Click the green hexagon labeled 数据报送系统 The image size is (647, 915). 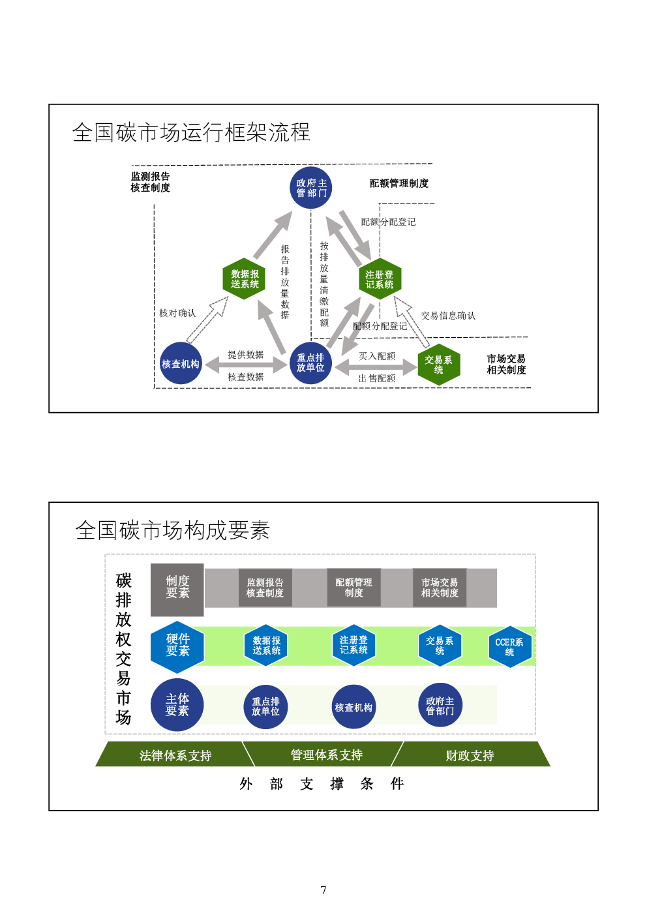tap(245, 279)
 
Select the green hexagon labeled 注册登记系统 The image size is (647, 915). tap(380, 279)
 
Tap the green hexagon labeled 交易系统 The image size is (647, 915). tap(439, 365)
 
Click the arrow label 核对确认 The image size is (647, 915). tap(177, 313)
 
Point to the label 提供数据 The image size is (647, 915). tap(245, 355)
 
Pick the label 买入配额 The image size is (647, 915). tap(377, 356)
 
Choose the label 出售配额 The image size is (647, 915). tap(377, 378)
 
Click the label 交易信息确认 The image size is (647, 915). tap(448, 316)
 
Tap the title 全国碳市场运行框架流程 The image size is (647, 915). tap(191, 132)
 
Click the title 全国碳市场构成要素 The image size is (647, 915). tap(173, 530)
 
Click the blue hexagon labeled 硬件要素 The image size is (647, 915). tap(177, 645)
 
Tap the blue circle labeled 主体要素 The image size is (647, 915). tap(177, 704)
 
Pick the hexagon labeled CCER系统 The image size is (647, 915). tap(509, 647)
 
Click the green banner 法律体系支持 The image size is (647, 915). tap(175, 755)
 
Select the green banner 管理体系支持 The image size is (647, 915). tap(326, 755)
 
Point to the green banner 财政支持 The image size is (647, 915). tap(470, 755)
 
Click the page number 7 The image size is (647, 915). tap(323, 890)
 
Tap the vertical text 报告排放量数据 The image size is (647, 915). tap(285, 282)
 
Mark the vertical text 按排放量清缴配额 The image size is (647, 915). tap(324, 284)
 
